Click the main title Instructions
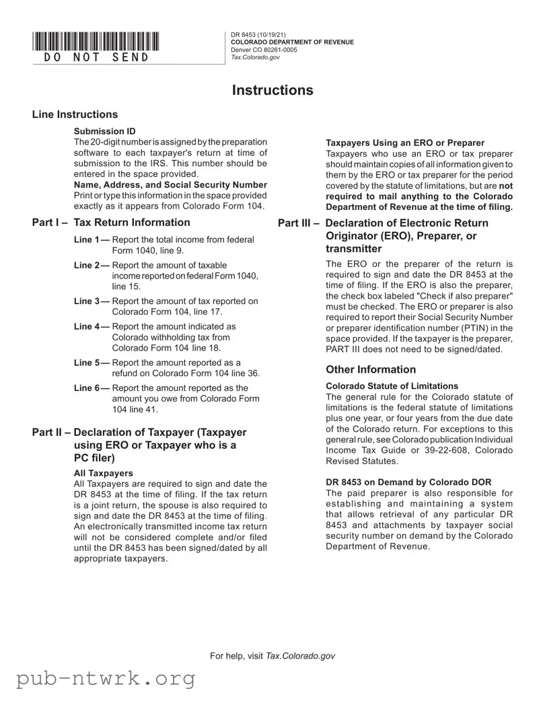(x=272, y=90)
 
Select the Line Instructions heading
(x=75, y=115)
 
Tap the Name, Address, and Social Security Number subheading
(x=170, y=184)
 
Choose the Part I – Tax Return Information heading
(x=111, y=223)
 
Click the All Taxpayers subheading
(x=104, y=474)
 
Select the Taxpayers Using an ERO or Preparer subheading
(x=405, y=143)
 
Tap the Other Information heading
(x=371, y=369)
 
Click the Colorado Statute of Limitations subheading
(x=392, y=386)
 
